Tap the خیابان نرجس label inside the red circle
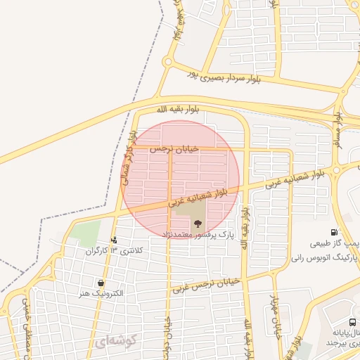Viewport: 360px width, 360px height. (174, 149)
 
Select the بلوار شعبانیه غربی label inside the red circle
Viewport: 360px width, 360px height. (204, 197)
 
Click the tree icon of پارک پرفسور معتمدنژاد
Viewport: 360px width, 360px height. (196, 222)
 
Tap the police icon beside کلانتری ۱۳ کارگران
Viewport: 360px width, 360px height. (113, 240)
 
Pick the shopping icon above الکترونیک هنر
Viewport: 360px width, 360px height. (103, 283)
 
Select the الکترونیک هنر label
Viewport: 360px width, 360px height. (103, 292)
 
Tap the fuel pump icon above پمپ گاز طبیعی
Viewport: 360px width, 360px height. (333, 232)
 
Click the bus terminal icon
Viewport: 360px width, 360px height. (352, 323)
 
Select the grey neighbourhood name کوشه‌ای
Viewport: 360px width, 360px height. (110, 342)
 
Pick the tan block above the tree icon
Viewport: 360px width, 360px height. (190, 208)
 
